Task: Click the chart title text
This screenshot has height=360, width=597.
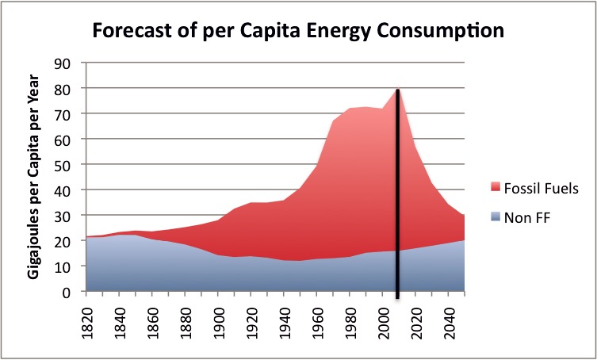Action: [x=298, y=33]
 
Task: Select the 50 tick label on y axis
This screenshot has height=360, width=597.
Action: [x=60, y=165]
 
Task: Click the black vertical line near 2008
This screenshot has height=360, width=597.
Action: [x=398, y=198]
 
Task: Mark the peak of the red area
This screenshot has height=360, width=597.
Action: [x=397, y=90]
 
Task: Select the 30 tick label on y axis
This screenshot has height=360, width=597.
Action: [x=60, y=216]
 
